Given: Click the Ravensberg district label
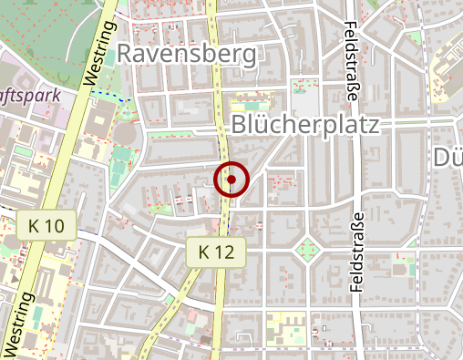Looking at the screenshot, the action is (186, 55).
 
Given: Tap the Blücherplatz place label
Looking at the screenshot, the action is (304, 124).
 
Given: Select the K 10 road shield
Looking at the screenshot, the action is (46, 224).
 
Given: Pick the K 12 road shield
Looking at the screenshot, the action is (217, 251).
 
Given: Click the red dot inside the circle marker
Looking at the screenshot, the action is (231, 180).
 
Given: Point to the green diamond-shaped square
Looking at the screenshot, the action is (307, 247).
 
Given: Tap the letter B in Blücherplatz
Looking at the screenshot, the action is (240, 124).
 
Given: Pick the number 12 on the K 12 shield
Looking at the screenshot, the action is (226, 251).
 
